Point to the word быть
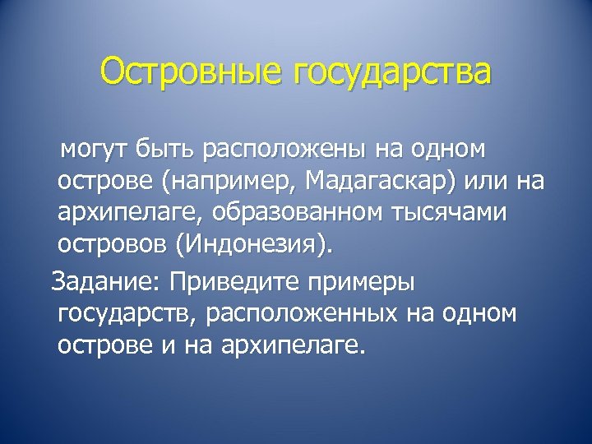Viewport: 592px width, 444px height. pyautogui.click(x=171, y=150)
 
